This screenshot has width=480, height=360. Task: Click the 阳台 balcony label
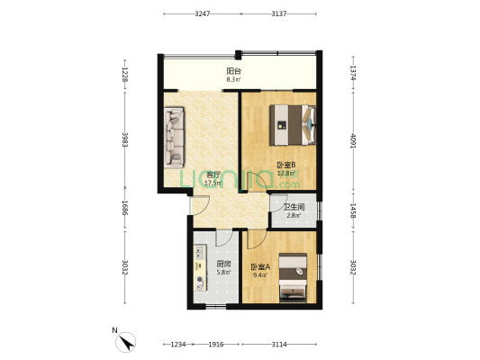(x=233, y=70)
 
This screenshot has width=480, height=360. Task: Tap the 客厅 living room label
(x=213, y=174)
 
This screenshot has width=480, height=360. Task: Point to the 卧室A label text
(x=259, y=265)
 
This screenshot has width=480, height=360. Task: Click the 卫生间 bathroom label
(x=294, y=206)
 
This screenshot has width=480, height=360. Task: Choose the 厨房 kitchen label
(x=224, y=264)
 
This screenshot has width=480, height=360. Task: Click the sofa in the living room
(x=174, y=138)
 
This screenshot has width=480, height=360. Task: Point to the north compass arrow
(x=128, y=340)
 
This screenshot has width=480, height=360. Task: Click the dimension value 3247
(x=202, y=14)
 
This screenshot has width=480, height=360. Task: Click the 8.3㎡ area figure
(x=233, y=79)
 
